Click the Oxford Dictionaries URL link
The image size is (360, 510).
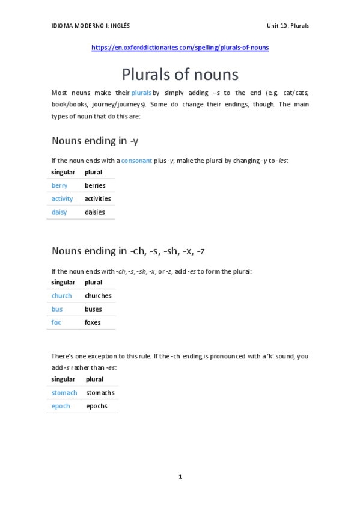pyautogui.click(x=180, y=48)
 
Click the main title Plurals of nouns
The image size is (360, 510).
pyautogui.click(x=180, y=75)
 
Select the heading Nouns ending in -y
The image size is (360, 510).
pyautogui.click(x=95, y=141)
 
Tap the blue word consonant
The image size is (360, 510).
pyautogui.click(x=136, y=161)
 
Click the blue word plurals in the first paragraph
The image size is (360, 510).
pyautogui.click(x=141, y=93)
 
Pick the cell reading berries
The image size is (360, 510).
pyautogui.click(x=95, y=185)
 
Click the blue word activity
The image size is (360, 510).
pyautogui.click(x=62, y=198)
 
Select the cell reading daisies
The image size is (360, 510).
pyautogui.click(x=94, y=212)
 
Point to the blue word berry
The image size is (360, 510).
pyautogui.click(x=59, y=185)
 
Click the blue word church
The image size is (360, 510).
pyautogui.click(x=61, y=296)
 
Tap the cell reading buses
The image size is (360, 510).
pyautogui.click(x=93, y=309)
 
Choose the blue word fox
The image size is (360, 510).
pyautogui.click(x=56, y=322)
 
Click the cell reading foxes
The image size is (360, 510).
pyautogui.click(x=93, y=322)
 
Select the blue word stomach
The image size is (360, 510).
pyautogui.click(x=64, y=393)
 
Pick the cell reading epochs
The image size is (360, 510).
pyautogui.click(x=96, y=406)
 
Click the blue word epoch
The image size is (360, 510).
pyautogui.click(x=61, y=406)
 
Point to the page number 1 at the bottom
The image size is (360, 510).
pyautogui.click(x=180, y=476)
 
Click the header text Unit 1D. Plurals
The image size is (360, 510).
pyautogui.click(x=288, y=26)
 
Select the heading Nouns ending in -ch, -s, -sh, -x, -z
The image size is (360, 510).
pyautogui.click(x=132, y=251)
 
